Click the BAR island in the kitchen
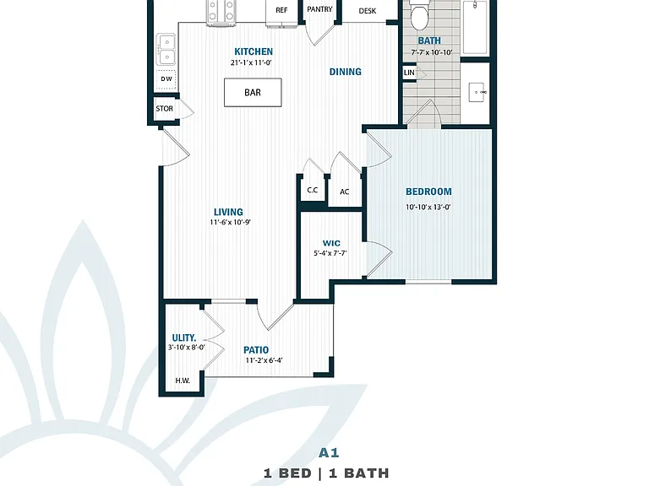click(253, 92)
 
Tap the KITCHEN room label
click(254, 51)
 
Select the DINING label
click(345, 72)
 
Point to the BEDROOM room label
click(428, 192)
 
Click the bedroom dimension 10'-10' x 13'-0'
click(428, 207)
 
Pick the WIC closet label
click(331, 243)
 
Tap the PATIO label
click(256, 350)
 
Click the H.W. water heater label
click(183, 381)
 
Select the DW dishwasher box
click(166, 80)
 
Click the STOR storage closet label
click(164, 109)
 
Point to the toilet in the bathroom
click(419, 14)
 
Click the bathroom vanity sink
click(477, 92)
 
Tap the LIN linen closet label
click(409, 73)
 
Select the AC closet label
click(345, 192)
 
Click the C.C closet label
click(313, 190)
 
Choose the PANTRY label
click(320, 9)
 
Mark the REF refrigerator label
click(281, 10)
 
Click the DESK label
click(368, 11)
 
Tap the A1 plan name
click(329, 453)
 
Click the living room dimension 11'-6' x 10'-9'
click(230, 223)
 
